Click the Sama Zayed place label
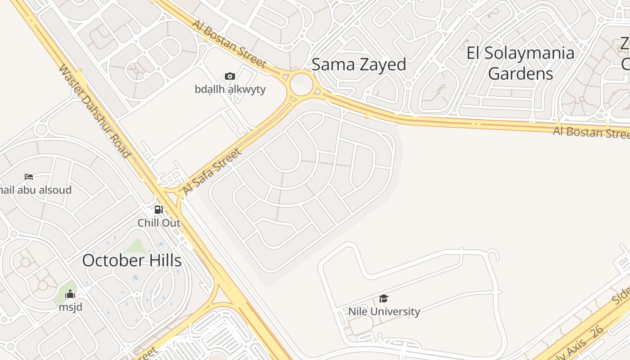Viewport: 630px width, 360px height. tap(359, 65)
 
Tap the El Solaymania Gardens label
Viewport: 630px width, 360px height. tap(520, 63)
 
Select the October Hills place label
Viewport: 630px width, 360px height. tap(132, 261)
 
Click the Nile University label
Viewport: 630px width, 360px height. tap(384, 311)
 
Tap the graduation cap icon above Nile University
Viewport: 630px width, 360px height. tap(383, 298)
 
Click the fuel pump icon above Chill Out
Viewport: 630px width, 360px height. tap(158, 209)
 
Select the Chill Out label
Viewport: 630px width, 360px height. tap(159, 223)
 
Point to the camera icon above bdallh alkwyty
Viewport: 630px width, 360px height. tap(230, 76)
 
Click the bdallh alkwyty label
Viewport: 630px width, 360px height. tap(230, 89)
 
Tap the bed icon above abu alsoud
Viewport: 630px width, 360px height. tap(29, 176)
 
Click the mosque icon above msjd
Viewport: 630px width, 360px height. tap(70, 294)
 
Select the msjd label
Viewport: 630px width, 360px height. tap(70, 307)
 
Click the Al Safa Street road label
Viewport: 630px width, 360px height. tap(212, 172)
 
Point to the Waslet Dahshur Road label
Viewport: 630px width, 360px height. tap(94, 112)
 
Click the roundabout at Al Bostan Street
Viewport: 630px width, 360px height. tap(301, 84)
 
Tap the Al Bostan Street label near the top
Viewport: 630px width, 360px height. tap(229, 43)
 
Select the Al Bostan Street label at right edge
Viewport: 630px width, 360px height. tap(591, 132)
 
